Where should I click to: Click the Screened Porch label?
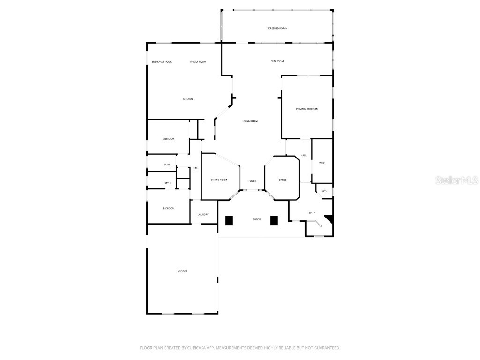point(277,29)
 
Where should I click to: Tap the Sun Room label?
point(277,61)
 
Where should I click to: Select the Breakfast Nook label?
point(161,62)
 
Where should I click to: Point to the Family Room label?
point(198,62)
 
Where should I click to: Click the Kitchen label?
point(188,99)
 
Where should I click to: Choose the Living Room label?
point(250,121)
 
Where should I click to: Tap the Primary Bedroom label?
point(307,109)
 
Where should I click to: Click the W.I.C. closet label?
point(322,163)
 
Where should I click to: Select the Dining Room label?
point(219,180)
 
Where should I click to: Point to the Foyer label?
point(252,181)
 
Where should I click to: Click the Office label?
point(282,180)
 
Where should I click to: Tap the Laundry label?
point(203,215)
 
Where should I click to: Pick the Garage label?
point(182,271)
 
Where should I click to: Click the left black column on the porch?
point(230,220)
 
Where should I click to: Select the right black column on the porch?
point(274,220)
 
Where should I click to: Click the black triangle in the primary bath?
point(330,218)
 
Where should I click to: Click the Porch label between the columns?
point(256,219)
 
